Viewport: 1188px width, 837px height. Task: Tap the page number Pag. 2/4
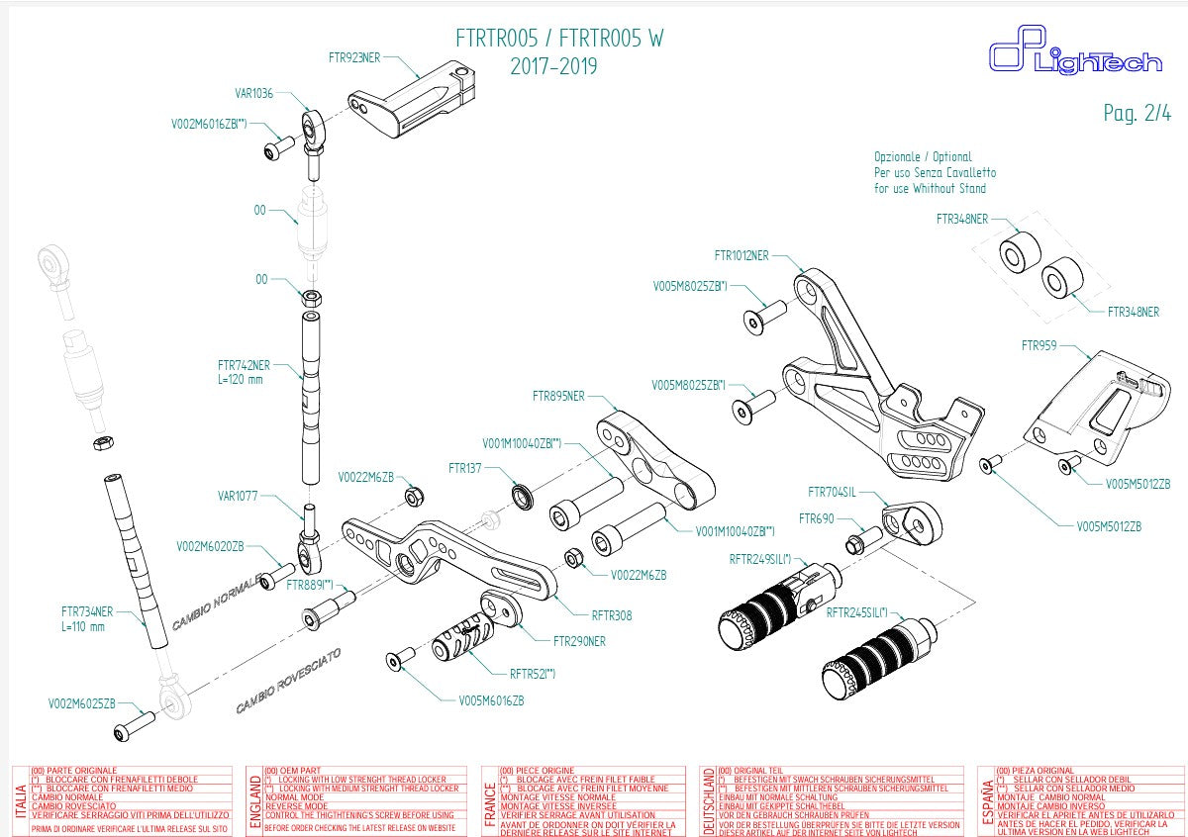(1137, 113)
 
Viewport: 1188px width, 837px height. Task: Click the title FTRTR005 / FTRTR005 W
(559, 39)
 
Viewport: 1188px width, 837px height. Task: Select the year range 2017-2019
(553, 66)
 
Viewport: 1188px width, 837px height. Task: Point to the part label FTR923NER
(353, 57)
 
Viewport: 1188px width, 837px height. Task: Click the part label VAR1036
(253, 94)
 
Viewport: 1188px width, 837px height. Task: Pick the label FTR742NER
(244, 364)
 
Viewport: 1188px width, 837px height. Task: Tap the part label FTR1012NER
(741, 255)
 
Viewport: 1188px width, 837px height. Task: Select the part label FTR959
(1039, 345)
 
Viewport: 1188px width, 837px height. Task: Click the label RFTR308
(611, 615)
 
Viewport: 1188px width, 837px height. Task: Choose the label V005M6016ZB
(491, 700)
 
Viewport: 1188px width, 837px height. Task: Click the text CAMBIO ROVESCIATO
(288, 682)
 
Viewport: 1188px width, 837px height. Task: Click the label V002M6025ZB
(82, 703)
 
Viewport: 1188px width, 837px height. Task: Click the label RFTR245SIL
(857, 613)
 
